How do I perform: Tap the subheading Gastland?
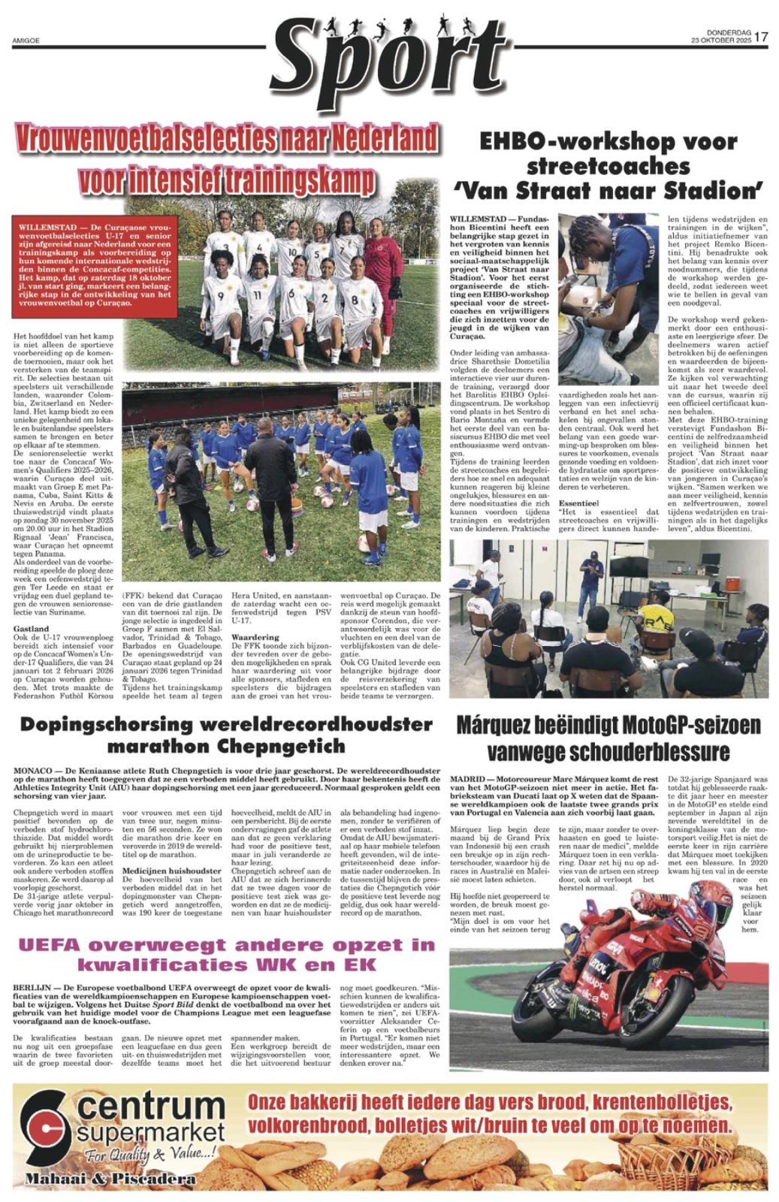tap(31, 628)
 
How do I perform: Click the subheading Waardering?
tap(256, 636)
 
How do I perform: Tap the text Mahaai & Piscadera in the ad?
tap(110, 1179)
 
